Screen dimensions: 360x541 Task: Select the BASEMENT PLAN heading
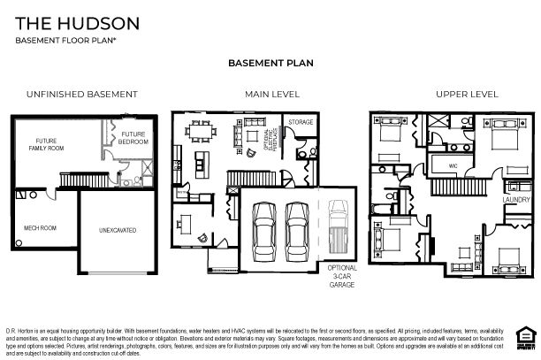pyautogui.click(x=270, y=64)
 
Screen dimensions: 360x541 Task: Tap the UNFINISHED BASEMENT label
pyautogui.click(x=81, y=94)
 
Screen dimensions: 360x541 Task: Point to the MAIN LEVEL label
pyautogui.click(x=272, y=94)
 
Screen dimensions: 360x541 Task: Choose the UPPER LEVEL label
pyautogui.click(x=466, y=94)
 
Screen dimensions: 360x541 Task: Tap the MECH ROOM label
pyautogui.click(x=40, y=227)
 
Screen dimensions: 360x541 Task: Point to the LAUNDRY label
pyautogui.click(x=515, y=200)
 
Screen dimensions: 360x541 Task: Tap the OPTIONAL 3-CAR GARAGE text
pyautogui.click(x=341, y=273)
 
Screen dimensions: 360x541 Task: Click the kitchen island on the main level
pyautogui.click(x=202, y=162)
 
